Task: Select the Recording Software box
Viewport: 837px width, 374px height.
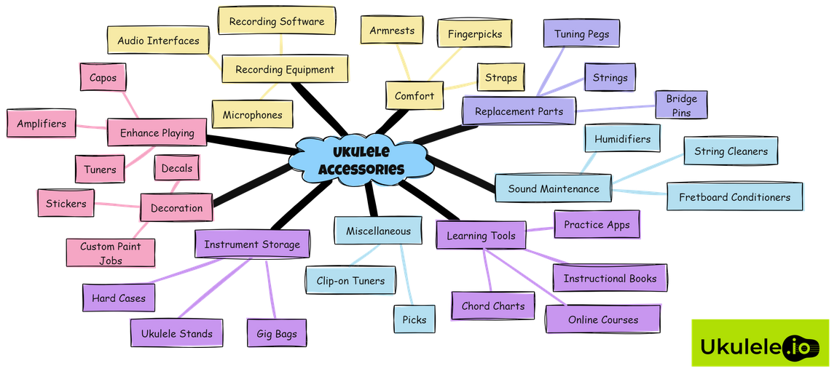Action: pos(277,22)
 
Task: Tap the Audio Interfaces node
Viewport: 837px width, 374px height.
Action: pos(158,41)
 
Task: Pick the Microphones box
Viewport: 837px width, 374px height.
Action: pos(252,115)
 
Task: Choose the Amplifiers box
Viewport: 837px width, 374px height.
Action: pos(42,124)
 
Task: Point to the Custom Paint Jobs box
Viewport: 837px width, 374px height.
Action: pos(111,252)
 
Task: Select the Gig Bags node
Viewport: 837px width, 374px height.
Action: pos(276,333)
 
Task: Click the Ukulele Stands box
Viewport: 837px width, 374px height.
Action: pos(176,333)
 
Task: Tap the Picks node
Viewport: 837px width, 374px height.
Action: pos(414,319)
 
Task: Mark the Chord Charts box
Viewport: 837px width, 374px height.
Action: pos(493,306)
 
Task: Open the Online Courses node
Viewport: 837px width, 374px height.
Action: pos(603,319)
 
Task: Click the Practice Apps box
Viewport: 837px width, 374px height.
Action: pos(597,225)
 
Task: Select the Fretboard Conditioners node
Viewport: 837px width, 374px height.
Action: pos(734,197)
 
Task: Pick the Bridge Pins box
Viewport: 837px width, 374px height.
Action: pos(681,105)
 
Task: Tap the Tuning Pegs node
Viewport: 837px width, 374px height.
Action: pos(581,34)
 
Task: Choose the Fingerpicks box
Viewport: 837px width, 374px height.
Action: pos(474,33)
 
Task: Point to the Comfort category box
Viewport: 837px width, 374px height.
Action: pos(414,96)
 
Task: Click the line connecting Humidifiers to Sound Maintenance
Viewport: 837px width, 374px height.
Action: pos(588,162)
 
